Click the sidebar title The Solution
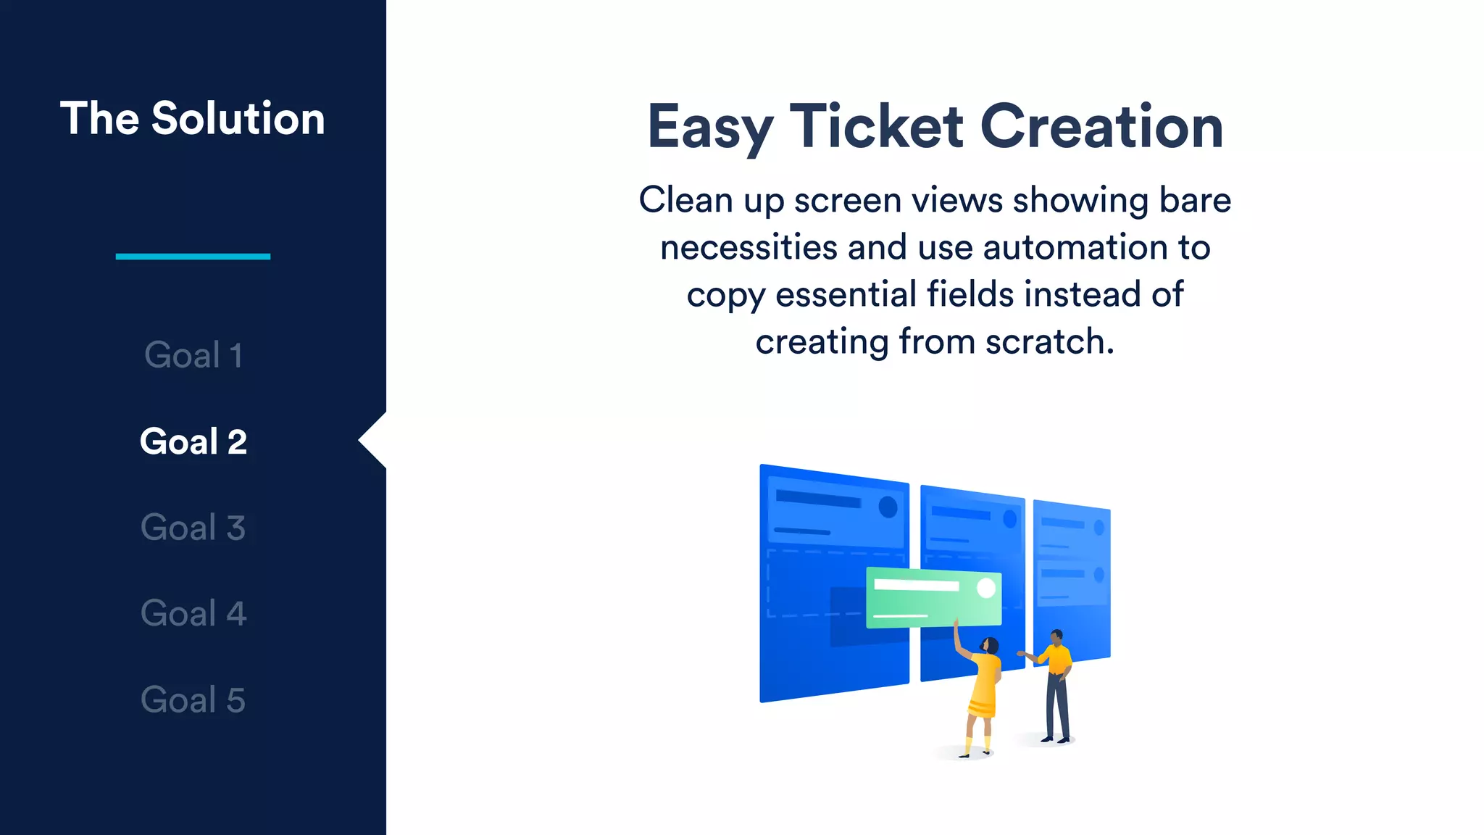click(x=192, y=118)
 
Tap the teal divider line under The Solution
click(x=193, y=256)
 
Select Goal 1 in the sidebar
click(x=193, y=355)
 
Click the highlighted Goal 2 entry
click(x=193, y=441)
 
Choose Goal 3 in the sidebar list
click(x=193, y=528)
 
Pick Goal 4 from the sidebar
click(x=193, y=613)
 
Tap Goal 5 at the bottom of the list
click(x=193, y=699)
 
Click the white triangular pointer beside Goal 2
click(x=374, y=440)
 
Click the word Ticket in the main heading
click(x=876, y=126)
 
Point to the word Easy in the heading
click(x=709, y=128)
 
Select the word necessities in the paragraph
click(x=749, y=247)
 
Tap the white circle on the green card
click(x=986, y=588)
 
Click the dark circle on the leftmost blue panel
click(x=888, y=507)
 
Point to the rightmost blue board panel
click(x=1072, y=580)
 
